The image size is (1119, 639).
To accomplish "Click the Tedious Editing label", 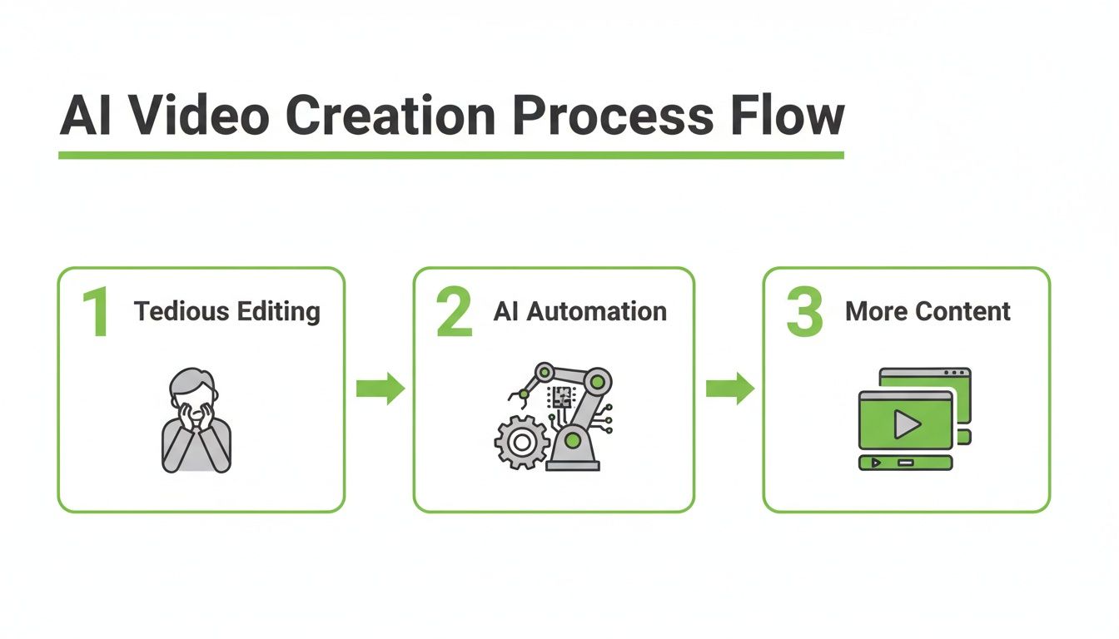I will pos(226,311).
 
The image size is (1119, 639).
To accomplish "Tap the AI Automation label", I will pos(579,311).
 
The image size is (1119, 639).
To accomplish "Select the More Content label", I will pos(928,311).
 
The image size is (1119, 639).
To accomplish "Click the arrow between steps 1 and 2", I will pos(380,389).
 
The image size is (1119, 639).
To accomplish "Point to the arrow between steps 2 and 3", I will pos(729,389).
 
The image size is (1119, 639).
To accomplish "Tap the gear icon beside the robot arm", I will pos(520,443).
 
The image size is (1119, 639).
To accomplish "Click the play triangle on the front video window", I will pos(906,425).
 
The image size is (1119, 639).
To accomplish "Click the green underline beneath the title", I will pos(450,155).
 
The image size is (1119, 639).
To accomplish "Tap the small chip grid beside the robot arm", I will pos(559,397).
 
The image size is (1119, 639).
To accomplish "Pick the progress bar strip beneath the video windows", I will pos(905,462).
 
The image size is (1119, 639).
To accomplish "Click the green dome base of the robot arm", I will pos(574,441).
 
